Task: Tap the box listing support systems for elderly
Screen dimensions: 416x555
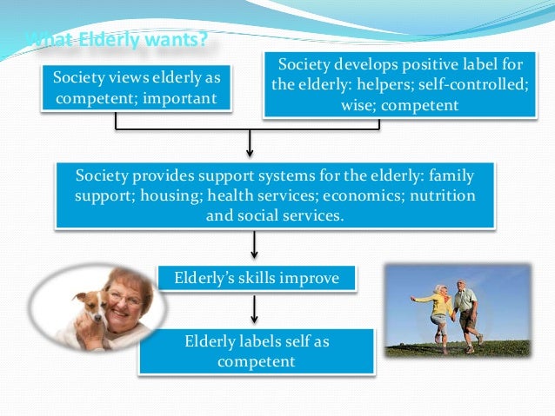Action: point(275,195)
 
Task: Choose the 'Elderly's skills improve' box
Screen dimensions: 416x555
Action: point(247,278)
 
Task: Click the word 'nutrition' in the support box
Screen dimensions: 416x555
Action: point(443,195)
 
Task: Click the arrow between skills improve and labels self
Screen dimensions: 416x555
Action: point(253,309)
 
